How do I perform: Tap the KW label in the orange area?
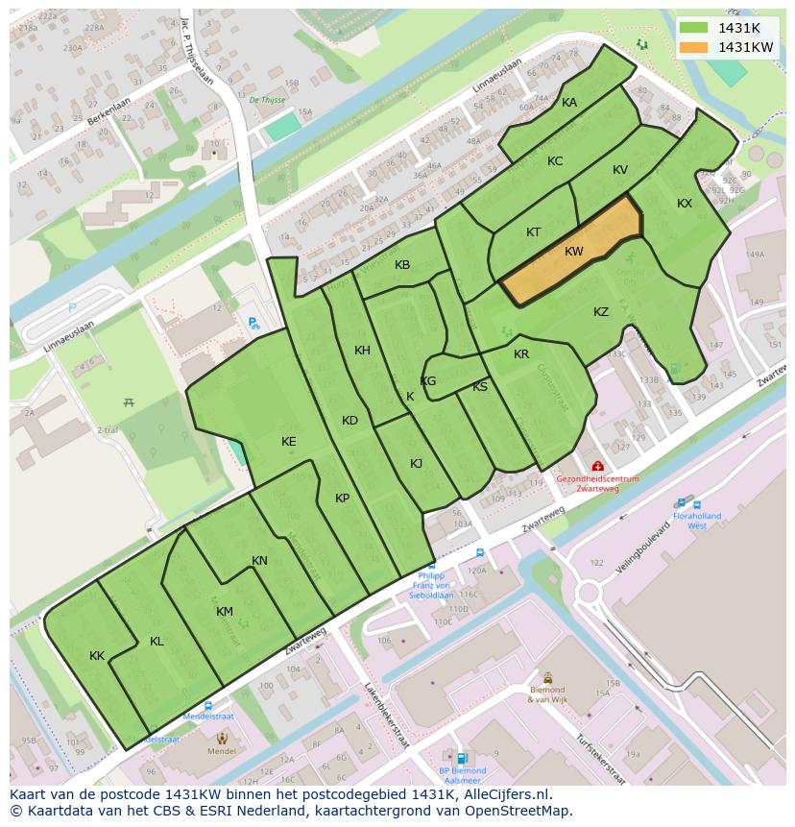[x=574, y=252]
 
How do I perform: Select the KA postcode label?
[x=569, y=103]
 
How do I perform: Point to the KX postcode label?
[x=685, y=204]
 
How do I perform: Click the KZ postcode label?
[x=601, y=312]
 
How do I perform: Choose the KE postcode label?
[x=289, y=441]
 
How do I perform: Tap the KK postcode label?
[x=97, y=656]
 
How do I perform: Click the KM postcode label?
[x=225, y=612]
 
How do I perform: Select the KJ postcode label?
[x=417, y=464]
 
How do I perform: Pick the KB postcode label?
[x=402, y=265]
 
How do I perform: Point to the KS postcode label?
[x=480, y=387]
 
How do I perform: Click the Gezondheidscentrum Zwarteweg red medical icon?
[x=597, y=466]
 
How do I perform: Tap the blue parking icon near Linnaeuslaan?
[x=253, y=324]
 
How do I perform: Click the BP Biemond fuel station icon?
[x=463, y=758]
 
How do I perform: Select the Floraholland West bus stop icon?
[x=682, y=502]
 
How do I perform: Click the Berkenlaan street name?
[x=107, y=114]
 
